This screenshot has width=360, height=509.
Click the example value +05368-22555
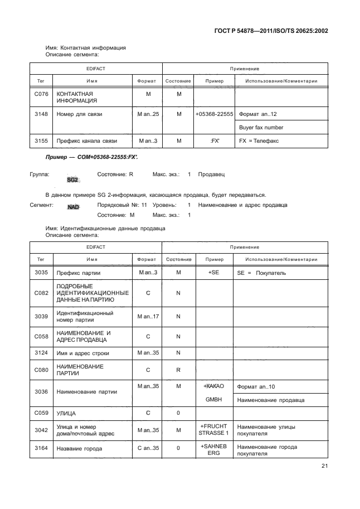coord(213,114)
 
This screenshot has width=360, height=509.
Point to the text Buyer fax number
coord(261,127)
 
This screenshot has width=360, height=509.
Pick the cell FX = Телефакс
coord(259,141)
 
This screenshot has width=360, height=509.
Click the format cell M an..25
coord(148,114)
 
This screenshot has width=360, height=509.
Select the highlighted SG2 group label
coord(72,180)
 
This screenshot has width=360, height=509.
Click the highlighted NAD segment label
coord(73,206)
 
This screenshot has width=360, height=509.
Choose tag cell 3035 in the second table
coord(41,273)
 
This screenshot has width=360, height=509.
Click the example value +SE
coord(213,273)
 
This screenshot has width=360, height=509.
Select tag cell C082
coord(41,293)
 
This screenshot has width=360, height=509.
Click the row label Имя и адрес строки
coord(83,353)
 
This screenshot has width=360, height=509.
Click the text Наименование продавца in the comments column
coord(266,400)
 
